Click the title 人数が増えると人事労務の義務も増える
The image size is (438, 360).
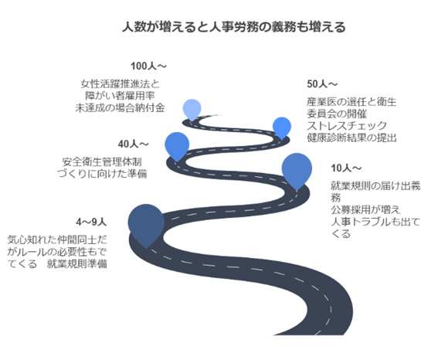coord(234,27)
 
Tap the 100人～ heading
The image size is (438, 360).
coord(148,66)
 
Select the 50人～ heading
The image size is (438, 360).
coord(322,83)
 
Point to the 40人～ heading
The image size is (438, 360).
coord(133,144)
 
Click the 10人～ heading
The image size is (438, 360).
coord(346,168)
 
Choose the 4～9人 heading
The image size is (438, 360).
coord(91,222)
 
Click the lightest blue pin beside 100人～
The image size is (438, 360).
coord(192,110)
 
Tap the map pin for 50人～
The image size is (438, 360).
coord(282,127)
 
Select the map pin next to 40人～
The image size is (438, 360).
coord(177,146)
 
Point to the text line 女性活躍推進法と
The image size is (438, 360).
coord(120,83)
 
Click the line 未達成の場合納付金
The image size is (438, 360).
coord(120,108)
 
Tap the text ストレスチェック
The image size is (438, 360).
coord(347,126)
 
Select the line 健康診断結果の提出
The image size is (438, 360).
coord(351,138)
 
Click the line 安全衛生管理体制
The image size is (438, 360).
coord(102,161)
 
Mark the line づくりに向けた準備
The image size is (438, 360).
coord(102,174)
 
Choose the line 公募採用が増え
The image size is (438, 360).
coord(365,209)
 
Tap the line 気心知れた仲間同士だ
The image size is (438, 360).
coord(57,239)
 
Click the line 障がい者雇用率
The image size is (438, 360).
coord(120,96)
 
